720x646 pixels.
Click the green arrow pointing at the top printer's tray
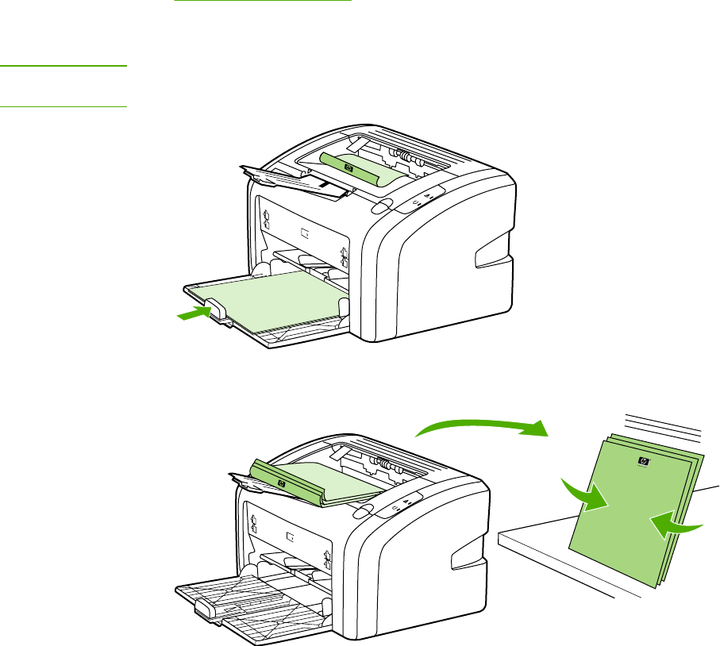pos(193,314)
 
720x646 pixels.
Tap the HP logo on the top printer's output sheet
pos(348,167)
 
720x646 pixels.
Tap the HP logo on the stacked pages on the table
pos(641,462)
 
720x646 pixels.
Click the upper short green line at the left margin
pos(64,67)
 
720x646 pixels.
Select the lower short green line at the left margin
pos(64,106)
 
